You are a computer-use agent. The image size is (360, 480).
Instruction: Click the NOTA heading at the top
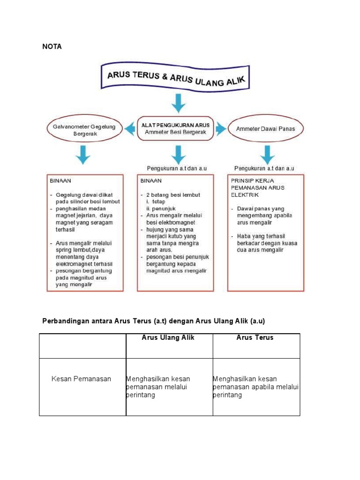52,47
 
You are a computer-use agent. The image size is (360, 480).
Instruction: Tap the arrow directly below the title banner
178,102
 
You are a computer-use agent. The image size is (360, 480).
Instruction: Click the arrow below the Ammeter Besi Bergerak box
177,154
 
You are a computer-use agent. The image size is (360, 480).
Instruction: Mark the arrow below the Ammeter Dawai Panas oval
267,154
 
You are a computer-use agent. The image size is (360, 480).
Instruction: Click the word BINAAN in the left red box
60,180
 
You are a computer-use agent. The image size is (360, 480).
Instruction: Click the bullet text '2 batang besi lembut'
172,195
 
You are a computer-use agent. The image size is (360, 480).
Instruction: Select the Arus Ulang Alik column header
168,337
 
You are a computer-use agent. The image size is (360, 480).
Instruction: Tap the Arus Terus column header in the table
255,337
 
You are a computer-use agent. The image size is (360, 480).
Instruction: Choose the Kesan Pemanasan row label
81,379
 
